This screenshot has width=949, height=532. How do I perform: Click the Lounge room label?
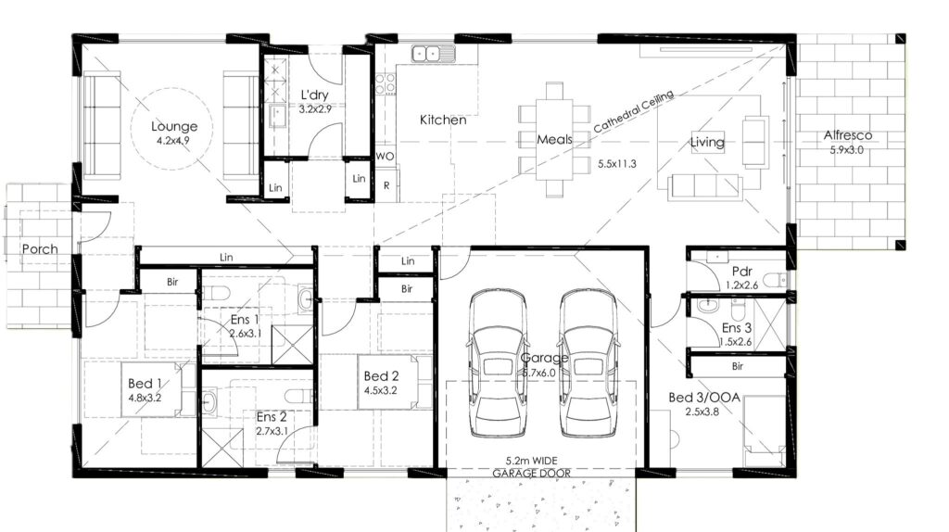coord(174,126)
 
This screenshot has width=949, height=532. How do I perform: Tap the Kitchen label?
coord(443,120)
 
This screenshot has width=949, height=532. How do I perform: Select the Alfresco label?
coord(847,135)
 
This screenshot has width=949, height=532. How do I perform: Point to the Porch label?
coord(40,248)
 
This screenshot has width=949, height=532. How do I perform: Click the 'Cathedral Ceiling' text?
coord(633,112)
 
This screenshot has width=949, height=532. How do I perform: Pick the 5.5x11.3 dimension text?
coord(616,164)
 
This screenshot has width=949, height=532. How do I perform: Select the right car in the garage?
coord(588,363)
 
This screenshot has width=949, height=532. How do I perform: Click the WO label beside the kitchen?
coord(385,156)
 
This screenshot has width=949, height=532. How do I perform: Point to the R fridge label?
coord(386,185)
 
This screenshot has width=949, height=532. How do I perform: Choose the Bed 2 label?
coord(381,376)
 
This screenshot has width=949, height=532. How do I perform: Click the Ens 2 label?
coord(272,417)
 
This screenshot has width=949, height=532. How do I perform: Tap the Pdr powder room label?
coord(741,272)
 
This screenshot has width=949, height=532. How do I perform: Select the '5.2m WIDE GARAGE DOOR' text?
coord(531,467)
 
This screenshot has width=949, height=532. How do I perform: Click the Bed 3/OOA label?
coord(704,398)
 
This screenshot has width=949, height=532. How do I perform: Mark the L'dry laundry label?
coord(315,95)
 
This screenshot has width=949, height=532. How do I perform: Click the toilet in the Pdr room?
coord(775,280)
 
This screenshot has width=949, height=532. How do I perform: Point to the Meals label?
coord(554,140)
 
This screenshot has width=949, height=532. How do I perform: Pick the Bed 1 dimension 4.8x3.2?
coord(145,399)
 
